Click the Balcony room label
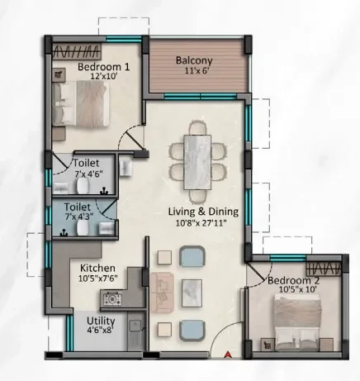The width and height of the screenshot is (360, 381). tap(194, 60)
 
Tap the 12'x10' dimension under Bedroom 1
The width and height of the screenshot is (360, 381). tap(104, 76)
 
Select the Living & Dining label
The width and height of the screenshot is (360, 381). tap(203, 212)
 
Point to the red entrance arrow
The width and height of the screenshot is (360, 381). tap(227, 355)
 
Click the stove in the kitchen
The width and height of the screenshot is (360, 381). tap(112, 298)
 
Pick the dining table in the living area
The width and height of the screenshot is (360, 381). tap(197, 162)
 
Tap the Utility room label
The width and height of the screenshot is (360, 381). tap(101, 321)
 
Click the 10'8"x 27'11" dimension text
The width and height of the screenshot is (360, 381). tap(201, 223)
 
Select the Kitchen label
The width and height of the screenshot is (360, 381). tap(97, 268)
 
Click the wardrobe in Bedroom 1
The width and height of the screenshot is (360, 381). tap(77, 51)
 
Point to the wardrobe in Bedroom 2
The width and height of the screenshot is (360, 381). tap(324, 268)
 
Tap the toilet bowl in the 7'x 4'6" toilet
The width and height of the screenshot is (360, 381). tap(83, 185)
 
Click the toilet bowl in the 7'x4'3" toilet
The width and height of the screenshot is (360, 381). tap(83, 228)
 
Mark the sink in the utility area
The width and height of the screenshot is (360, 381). tap(135, 326)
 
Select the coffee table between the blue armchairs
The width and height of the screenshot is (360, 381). tap(192, 293)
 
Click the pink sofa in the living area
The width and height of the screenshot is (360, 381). tap(162, 293)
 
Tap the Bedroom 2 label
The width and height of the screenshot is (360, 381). tap(293, 281)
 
